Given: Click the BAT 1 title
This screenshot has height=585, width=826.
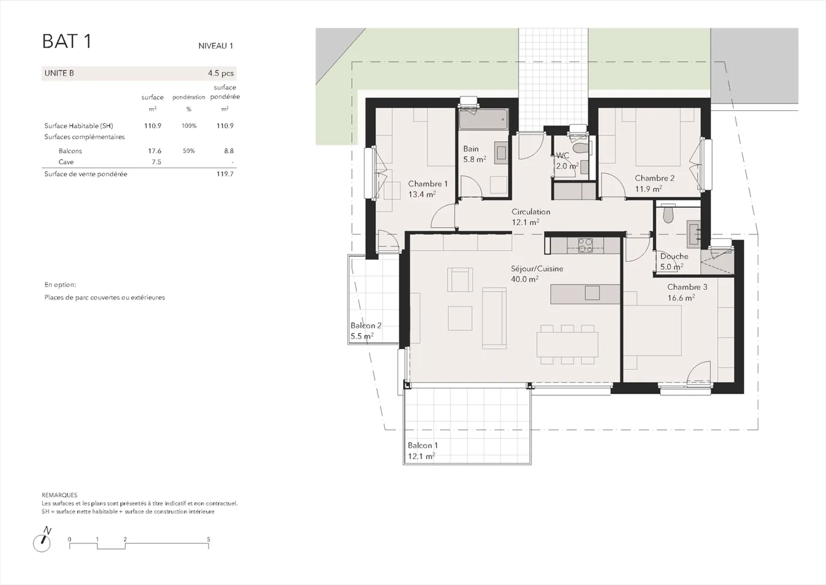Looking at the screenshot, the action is click(67, 41).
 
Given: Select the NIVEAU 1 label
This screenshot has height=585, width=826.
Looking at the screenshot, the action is click(216, 46).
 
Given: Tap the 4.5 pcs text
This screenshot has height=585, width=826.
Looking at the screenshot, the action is click(220, 73).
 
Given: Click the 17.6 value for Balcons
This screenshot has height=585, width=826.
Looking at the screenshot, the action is click(154, 150).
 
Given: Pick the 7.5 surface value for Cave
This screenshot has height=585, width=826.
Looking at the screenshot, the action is click(157, 162).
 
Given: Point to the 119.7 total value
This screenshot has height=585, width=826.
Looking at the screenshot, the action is click(225, 174).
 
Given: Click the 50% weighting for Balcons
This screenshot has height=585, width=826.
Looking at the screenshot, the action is click(188, 150).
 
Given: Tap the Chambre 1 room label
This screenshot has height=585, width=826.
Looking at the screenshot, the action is click(428, 184).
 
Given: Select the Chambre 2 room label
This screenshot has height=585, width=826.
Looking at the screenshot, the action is click(654, 178).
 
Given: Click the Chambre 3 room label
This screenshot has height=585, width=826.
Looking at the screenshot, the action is click(687, 287).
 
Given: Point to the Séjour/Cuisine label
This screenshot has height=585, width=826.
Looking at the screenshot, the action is click(537, 269).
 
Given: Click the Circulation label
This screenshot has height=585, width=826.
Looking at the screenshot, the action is click(531, 211).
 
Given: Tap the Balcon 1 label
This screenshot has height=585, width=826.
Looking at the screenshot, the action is click(423, 445).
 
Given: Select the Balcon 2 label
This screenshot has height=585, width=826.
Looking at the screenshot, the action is click(366, 326).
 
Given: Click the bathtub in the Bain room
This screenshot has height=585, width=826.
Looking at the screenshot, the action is click(484, 119).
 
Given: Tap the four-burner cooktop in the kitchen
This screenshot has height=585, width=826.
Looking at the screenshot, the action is click(585, 245).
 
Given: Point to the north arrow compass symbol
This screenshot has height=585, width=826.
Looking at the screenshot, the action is click(42, 540).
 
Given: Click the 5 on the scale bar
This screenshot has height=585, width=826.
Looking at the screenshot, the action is click(208, 539).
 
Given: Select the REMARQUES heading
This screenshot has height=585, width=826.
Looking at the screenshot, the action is click(60, 495).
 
